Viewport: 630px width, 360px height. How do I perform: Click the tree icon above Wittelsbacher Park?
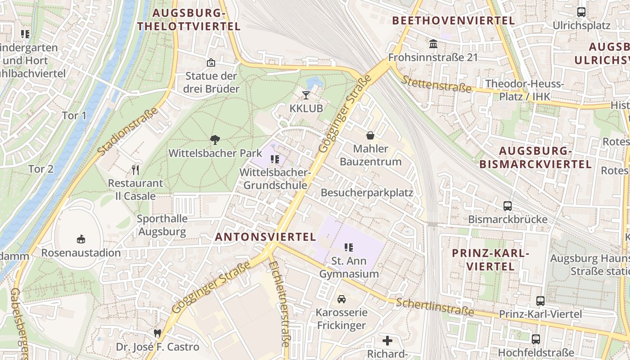pos(215,139)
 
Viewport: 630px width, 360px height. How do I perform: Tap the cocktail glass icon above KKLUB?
pos(306,95)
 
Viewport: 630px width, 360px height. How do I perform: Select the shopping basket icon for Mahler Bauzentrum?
pos(370,135)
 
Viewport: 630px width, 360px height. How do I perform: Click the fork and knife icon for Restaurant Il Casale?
pos(135,170)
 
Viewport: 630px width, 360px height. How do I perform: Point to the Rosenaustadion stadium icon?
pos(81,239)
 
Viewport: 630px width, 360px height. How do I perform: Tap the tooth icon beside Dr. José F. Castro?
pos(157,333)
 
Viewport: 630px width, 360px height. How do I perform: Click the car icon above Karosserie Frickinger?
pos(342,299)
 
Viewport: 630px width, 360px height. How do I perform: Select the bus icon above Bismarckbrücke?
pos(508,206)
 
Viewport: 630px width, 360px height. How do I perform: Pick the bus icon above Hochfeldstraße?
pos(535,339)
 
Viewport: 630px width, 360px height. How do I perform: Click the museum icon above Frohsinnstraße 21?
pos(433,44)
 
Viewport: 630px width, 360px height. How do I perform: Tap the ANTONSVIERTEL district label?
pos(265,237)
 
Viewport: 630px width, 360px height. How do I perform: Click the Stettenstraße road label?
pos(436,84)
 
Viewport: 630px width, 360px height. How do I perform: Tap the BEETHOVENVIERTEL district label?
pos(453,21)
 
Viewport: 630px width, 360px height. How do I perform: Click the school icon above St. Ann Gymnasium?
pos(348,247)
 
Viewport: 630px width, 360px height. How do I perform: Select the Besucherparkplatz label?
pos(367,193)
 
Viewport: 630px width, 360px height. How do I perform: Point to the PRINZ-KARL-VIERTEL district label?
pos(490,260)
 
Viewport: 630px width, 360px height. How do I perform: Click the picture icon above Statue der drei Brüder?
pos(211,63)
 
